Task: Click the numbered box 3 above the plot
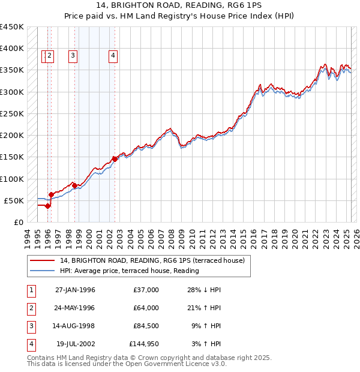click(73, 56)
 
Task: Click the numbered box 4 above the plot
click(113, 56)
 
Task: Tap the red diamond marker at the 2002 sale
click(115, 159)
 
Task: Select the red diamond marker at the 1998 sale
click(74, 185)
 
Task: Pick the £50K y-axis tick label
click(14, 200)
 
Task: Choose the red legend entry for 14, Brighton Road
click(152, 261)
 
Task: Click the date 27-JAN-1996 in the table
click(75, 290)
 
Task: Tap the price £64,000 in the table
click(144, 308)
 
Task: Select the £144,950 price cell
click(144, 344)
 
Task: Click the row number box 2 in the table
click(31, 308)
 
